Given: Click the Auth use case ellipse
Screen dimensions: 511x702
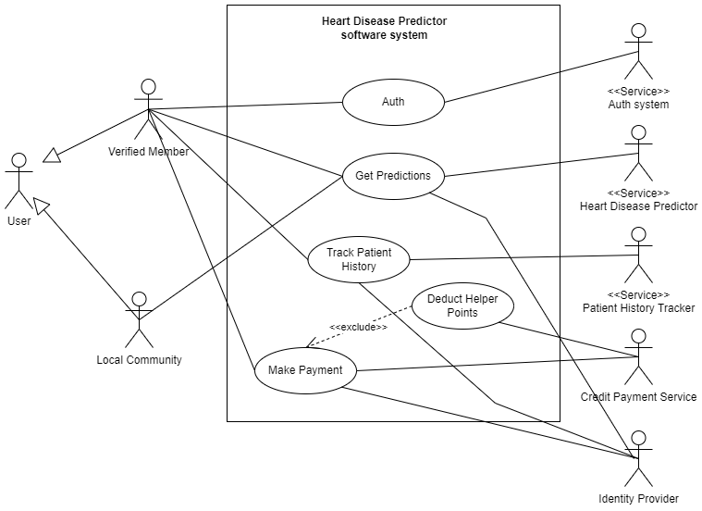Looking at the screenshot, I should pyautogui.click(x=393, y=102).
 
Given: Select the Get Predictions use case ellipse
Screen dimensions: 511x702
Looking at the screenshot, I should pyautogui.click(x=393, y=176).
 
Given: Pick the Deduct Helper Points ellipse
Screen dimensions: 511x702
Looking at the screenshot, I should pyautogui.click(x=462, y=305).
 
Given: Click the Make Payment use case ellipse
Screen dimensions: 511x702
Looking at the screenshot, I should pyautogui.click(x=305, y=370).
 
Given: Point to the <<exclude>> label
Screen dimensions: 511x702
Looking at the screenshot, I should pyautogui.click(x=358, y=327).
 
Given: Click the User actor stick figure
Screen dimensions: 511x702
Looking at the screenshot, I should pyautogui.click(x=18, y=181).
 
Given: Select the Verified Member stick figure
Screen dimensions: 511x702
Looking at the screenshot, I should pyautogui.click(x=147, y=109).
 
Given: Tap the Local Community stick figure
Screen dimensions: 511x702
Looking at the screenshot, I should pyautogui.click(x=139, y=319).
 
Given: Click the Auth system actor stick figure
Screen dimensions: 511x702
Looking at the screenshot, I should pyautogui.click(x=636, y=52).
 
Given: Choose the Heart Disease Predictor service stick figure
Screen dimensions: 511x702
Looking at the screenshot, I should pyautogui.click(x=637, y=154).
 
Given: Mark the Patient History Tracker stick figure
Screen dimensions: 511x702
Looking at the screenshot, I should pyautogui.click(x=637, y=255).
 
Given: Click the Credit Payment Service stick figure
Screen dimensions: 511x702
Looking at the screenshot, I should pyautogui.click(x=637, y=356).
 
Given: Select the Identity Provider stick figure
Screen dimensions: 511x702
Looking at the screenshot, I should pyautogui.click(x=637, y=458).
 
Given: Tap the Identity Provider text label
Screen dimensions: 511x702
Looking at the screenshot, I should pyautogui.click(x=638, y=499).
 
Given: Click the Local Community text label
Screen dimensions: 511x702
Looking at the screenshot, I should pyautogui.click(x=140, y=360).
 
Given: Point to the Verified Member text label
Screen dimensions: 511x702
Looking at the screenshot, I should pyautogui.click(x=149, y=152).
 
